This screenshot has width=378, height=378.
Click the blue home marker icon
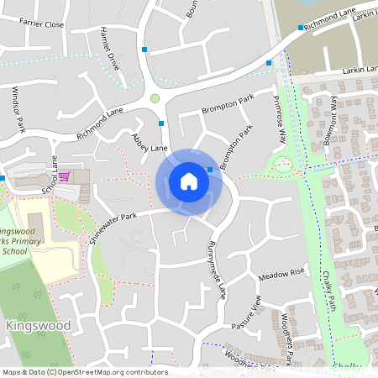(x=189, y=181)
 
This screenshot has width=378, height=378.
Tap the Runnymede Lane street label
(x=217, y=270)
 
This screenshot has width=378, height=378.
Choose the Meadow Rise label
(x=281, y=275)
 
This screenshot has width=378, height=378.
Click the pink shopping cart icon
(x=64, y=176)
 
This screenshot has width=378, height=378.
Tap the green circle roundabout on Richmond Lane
(x=155, y=99)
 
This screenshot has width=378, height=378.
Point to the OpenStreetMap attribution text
(x=84, y=372)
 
